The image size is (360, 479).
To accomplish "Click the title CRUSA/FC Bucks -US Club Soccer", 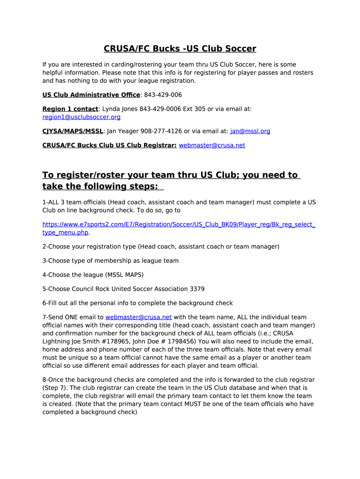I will (x=180, y=49).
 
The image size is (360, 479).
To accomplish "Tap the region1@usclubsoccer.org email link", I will (x=81, y=117).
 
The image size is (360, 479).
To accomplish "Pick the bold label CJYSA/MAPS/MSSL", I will (x=72, y=131).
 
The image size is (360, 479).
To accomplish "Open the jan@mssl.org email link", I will (x=250, y=131).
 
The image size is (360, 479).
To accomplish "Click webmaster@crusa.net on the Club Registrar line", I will (x=212, y=145).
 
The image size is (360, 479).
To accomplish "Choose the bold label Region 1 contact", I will (x=70, y=109).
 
